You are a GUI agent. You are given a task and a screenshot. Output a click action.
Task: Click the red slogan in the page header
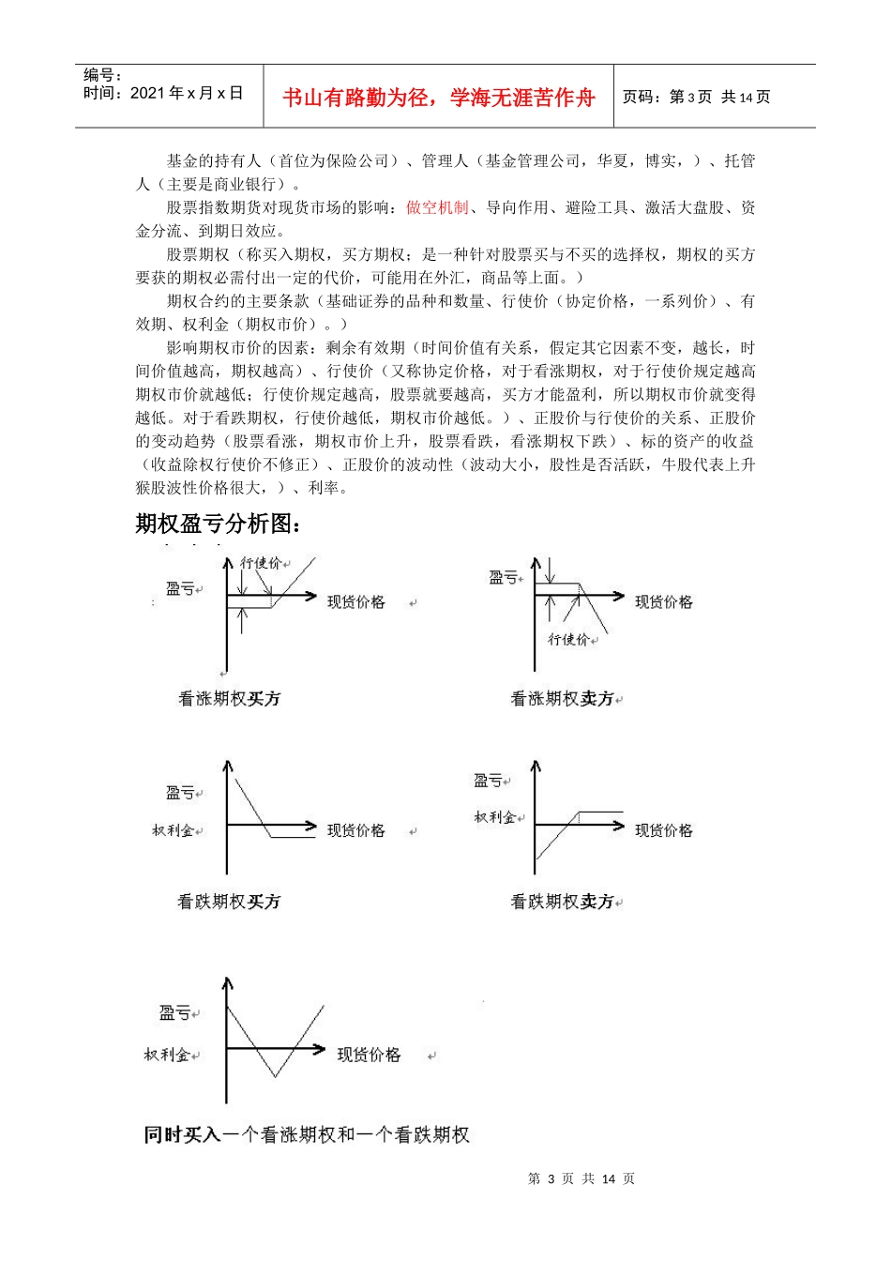point(438,98)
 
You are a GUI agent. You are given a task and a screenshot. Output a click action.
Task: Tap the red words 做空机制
point(437,207)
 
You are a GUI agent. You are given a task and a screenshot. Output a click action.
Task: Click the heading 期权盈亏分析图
point(218,524)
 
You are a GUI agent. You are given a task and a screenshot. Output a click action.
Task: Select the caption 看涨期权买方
point(230,698)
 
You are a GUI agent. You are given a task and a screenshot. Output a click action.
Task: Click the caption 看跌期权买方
point(230,902)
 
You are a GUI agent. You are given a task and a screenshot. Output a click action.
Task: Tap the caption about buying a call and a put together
point(307,1135)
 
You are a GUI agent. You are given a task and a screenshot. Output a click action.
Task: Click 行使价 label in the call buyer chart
point(261,563)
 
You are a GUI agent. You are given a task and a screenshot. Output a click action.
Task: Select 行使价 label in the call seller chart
point(569,639)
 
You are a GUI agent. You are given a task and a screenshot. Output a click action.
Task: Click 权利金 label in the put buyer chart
point(174,830)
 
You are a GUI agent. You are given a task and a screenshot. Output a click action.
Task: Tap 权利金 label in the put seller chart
point(495,817)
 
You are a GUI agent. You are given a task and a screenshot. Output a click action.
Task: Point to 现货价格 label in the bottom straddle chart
point(369,1055)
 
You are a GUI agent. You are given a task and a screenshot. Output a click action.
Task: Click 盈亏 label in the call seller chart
point(504,578)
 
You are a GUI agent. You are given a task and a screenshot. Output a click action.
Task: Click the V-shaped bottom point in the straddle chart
point(275,1075)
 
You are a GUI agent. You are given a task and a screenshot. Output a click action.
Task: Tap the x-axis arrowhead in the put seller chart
point(619,826)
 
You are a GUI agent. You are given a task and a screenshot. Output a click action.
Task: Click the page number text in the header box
point(697,97)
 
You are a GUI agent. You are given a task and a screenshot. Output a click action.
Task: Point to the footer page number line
point(581,1178)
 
